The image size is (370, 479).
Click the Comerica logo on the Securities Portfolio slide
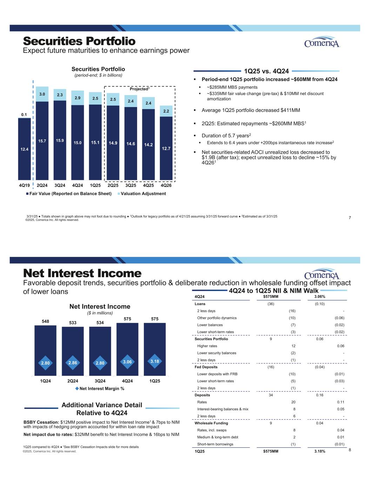tap(322, 42)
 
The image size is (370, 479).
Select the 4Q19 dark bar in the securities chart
tap(25, 149)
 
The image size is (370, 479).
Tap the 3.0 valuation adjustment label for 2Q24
tap(42, 94)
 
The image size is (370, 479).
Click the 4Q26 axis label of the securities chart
tap(166, 185)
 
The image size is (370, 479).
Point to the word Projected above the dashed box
tap(139, 89)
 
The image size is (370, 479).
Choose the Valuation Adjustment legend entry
tap(142, 194)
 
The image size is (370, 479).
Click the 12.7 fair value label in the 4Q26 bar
tap(166, 148)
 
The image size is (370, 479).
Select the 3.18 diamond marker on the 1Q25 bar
tap(155, 361)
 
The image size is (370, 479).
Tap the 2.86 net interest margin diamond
tap(73, 363)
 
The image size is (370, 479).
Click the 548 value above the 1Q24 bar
tap(45, 321)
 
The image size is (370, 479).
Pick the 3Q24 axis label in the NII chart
tap(100, 381)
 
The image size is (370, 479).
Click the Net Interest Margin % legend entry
tap(100, 388)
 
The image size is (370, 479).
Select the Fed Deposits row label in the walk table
tap(206, 367)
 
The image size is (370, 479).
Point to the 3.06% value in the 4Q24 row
tap(319, 297)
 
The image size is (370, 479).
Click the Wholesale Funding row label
tap(211, 423)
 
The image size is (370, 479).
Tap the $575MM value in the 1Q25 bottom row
tap(271, 451)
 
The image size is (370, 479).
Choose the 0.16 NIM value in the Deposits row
tap(319, 395)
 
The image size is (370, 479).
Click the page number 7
tap(350, 218)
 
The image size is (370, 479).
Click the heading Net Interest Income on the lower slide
tap(82, 273)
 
